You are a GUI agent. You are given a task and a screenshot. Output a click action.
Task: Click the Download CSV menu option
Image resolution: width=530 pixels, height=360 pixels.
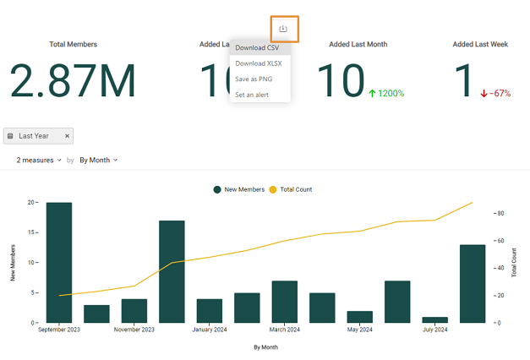(257, 48)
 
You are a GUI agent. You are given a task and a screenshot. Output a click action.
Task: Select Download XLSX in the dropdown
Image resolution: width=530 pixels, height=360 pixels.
(259, 63)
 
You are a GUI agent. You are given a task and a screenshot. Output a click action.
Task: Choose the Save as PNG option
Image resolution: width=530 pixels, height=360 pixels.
(254, 79)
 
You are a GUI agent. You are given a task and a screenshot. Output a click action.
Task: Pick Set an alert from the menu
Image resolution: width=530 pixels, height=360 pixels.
(252, 95)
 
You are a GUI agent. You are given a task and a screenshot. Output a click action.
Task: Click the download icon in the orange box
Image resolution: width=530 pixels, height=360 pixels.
(283, 29)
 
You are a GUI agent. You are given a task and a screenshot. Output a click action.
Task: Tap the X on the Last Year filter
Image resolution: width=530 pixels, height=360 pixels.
(68, 135)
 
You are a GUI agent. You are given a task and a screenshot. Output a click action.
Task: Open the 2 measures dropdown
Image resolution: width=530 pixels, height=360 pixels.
(39, 160)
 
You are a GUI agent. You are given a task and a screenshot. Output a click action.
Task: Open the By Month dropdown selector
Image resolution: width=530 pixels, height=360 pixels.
(98, 160)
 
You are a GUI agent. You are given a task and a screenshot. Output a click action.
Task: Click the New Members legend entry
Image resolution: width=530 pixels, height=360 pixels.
(239, 189)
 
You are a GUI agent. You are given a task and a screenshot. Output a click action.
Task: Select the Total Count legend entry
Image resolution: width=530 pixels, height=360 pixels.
(291, 189)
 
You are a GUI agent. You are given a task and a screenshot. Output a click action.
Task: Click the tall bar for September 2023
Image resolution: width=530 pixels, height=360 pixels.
(58, 262)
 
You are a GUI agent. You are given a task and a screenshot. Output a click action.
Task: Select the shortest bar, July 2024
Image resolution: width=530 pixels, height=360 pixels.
(434, 319)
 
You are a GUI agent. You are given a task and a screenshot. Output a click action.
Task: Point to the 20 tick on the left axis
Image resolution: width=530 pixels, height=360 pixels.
(31, 203)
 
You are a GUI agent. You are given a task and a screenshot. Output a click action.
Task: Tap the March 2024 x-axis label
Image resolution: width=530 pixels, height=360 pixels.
(284, 330)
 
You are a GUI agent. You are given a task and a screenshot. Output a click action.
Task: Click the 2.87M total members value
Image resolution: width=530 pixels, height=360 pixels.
(73, 81)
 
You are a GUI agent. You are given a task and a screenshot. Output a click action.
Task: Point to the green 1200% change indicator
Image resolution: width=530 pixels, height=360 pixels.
(386, 93)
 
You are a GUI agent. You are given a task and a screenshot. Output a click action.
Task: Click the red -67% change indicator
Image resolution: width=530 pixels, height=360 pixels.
(495, 93)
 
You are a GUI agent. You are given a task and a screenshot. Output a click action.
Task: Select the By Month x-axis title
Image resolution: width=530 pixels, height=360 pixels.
(265, 346)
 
